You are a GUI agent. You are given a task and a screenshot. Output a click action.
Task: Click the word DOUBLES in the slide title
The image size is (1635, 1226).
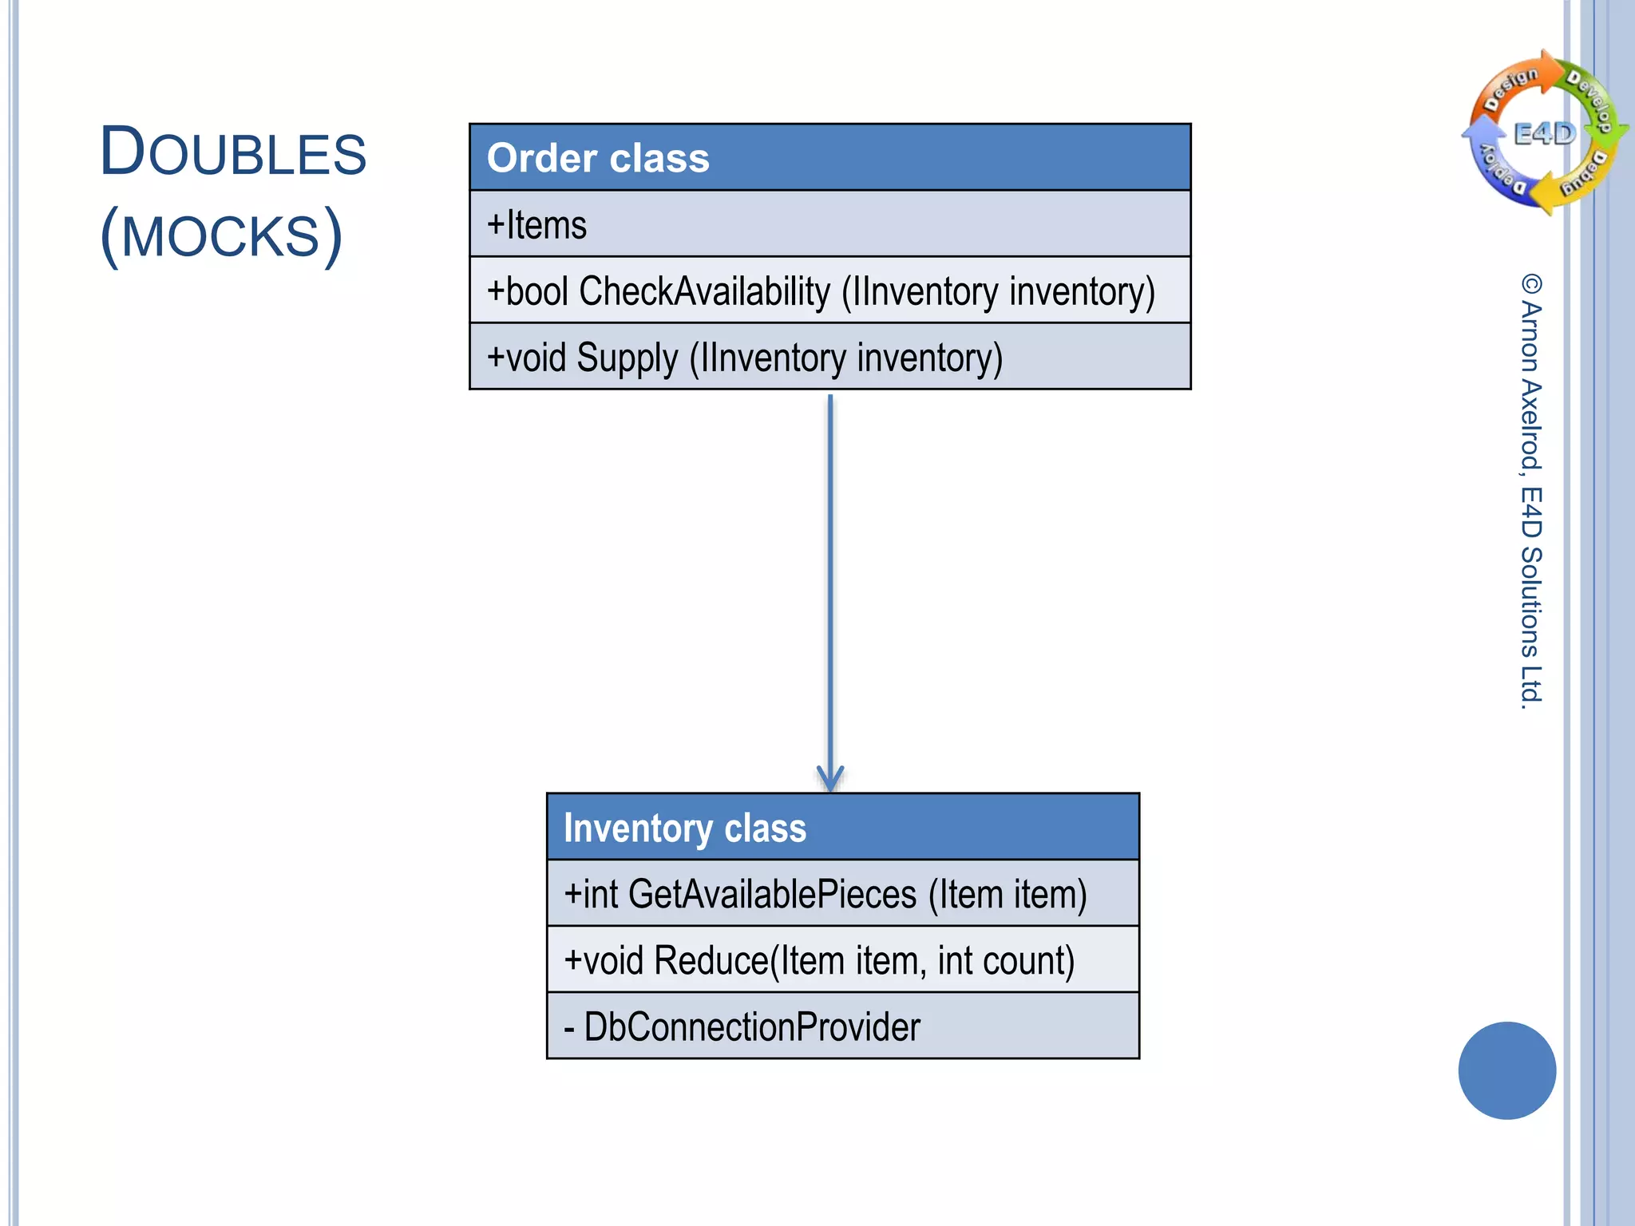pos(232,152)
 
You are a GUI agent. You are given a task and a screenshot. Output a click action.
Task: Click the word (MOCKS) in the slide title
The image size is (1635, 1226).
pos(221,235)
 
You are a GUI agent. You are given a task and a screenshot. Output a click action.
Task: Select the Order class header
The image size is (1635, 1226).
pos(829,158)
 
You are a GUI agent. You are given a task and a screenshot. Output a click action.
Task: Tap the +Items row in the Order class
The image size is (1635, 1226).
pos(829,224)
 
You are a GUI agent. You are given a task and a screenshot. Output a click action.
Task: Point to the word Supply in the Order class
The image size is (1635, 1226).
pos(627,358)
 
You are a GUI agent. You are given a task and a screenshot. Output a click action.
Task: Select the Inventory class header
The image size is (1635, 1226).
pos(842,828)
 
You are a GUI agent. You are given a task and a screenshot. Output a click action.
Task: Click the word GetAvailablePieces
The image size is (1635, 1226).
pos(772,894)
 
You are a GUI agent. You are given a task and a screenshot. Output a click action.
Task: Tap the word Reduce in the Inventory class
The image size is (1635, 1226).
pos(711,961)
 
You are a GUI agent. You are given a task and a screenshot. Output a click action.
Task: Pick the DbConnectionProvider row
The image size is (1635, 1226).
pos(842,1027)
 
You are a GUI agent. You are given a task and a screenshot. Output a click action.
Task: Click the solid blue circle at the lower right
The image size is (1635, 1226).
pos(1506,1070)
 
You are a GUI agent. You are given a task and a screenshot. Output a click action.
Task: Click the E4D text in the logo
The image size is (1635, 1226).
pos(1545,133)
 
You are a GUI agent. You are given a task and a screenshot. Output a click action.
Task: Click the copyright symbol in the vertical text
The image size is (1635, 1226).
pos(1531,284)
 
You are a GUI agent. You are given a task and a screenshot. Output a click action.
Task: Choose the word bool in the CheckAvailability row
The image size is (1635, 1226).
pos(536,291)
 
